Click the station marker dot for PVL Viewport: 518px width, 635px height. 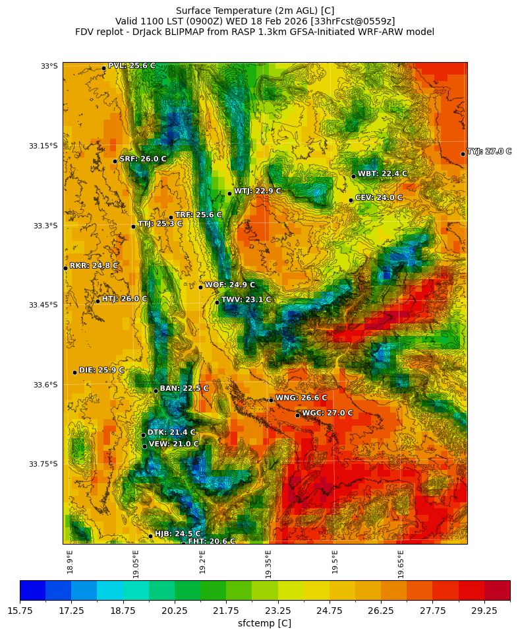click(x=103, y=68)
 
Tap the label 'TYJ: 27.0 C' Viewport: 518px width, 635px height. click(x=489, y=151)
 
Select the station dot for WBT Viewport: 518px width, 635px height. click(x=353, y=176)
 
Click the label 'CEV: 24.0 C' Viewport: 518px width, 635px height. click(x=378, y=197)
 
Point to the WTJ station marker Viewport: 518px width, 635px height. click(x=229, y=193)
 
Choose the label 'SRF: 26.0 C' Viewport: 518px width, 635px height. click(x=142, y=159)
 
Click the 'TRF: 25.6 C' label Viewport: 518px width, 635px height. click(x=198, y=215)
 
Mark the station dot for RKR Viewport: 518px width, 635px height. click(x=65, y=268)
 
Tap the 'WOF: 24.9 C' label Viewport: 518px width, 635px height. click(x=229, y=284)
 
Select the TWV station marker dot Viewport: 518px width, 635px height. click(x=217, y=302)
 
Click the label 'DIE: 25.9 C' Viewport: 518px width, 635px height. click(x=101, y=370)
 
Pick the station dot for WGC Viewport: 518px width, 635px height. click(x=297, y=415)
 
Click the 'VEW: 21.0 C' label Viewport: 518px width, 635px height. click(x=173, y=444)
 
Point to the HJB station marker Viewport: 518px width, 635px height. click(x=150, y=536)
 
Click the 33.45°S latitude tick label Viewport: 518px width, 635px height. click(x=43, y=305)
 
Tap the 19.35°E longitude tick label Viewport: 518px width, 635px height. click(x=268, y=564)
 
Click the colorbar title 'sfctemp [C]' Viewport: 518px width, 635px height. click(x=264, y=623)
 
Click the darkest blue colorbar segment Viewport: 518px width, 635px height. click(x=32, y=590)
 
